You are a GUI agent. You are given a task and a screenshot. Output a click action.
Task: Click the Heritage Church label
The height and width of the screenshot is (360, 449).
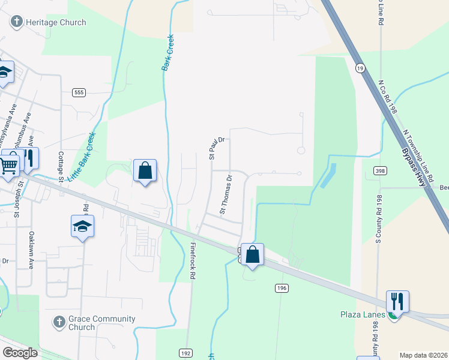(x=56, y=23)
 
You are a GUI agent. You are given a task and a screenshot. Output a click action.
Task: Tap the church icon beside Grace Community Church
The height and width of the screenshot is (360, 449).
(x=59, y=322)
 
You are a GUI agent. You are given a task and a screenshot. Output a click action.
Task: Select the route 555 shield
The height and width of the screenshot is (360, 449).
(x=79, y=92)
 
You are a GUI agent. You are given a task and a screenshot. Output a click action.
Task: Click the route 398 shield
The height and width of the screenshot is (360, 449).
(x=379, y=171)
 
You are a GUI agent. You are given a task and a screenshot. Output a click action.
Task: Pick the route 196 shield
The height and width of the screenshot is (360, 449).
(x=282, y=289)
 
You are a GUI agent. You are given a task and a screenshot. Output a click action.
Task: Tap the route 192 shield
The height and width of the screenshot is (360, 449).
(x=184, y=352)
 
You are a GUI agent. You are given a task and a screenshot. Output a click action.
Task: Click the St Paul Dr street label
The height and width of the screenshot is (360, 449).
(x=216, y=148)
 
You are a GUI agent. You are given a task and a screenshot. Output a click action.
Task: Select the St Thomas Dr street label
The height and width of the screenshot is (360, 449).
(x=226, y=194)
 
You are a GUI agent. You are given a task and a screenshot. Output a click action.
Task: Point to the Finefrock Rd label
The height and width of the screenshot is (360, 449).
(x=193, y=260)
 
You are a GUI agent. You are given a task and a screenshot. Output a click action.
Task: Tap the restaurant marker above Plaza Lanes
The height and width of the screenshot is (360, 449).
(x=397, y=301)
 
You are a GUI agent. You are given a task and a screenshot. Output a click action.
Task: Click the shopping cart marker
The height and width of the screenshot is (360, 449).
(x=8, y=164)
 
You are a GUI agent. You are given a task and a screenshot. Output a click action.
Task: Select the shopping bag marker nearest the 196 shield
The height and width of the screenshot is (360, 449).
(x=253, y=254)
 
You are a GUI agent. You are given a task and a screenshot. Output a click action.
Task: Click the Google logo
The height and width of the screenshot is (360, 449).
(x=20, y=353)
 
